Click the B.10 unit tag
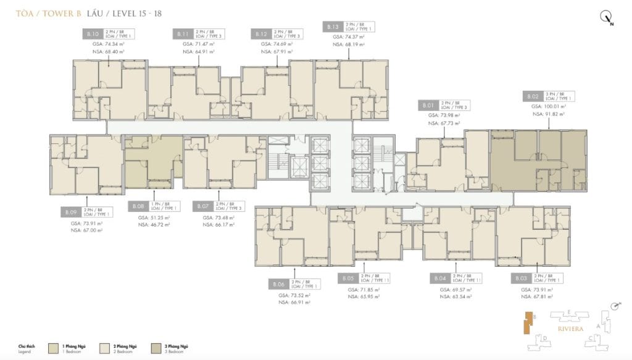coord(93,35)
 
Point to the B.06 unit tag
coord(278,285)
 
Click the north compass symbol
coord(606,19)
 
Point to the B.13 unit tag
coord(332,26)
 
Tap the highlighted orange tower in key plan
coord(526,322)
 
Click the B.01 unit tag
coord(428,105)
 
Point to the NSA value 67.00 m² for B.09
coord(86,230)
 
